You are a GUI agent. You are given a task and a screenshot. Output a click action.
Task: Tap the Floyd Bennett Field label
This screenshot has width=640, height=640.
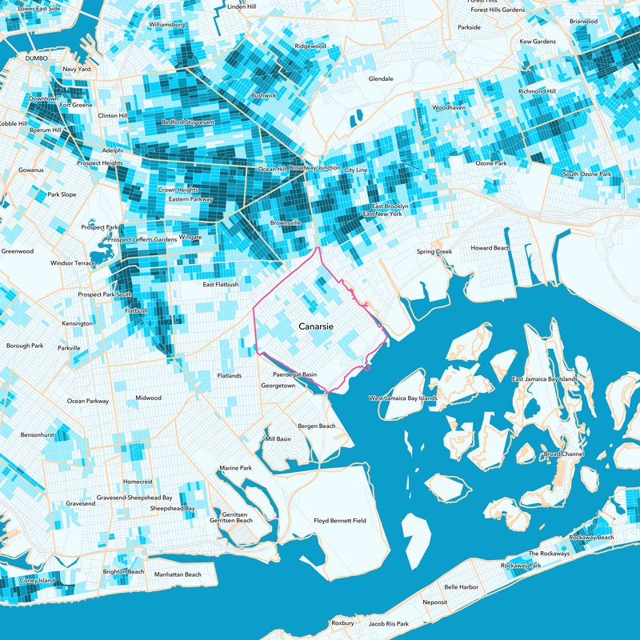coord(339,521)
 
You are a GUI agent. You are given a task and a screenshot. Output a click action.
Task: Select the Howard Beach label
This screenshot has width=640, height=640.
coord(490,248)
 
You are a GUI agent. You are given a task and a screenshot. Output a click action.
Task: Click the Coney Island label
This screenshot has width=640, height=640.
coord(38,580)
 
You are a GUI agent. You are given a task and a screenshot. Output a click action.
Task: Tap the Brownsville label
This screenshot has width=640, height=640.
coord(285,222)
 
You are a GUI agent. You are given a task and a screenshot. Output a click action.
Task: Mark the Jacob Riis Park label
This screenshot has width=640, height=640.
coord(388,623)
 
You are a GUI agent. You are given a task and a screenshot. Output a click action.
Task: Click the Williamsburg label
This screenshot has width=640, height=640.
coord(167,25)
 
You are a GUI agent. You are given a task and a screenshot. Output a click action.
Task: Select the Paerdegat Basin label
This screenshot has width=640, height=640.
coord(294,374)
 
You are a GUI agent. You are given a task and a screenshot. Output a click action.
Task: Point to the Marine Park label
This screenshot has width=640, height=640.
coord(235,468)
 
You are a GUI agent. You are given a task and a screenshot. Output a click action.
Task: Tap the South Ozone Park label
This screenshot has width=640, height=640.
coord(586,174)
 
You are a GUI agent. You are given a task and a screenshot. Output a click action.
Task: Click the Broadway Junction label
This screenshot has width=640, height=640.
coord(314,168)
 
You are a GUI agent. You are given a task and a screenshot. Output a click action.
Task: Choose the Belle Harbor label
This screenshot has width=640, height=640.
coord(461,587)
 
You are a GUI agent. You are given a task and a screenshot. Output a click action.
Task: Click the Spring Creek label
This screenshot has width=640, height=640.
coord(434,252)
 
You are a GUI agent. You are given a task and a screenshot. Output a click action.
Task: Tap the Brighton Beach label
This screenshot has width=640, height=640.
coord(123,572)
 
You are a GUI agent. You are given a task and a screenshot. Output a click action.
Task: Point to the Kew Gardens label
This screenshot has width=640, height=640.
coord(537,41)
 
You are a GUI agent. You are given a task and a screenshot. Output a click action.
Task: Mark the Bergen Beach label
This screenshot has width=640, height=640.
coord(316,426)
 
